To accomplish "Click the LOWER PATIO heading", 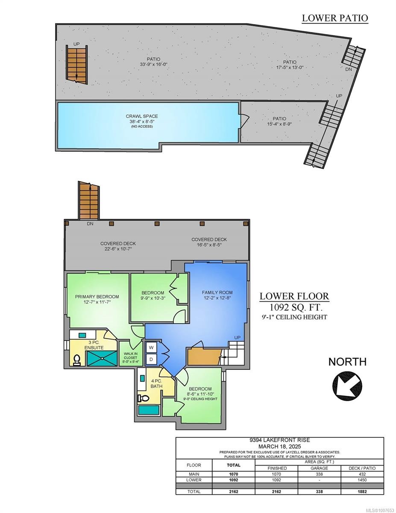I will click(334, 18).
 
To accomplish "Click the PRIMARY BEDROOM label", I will click(97, 296).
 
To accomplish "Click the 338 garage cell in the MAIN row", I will click(319, 474).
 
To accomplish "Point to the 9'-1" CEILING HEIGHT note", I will click(294, 317).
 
